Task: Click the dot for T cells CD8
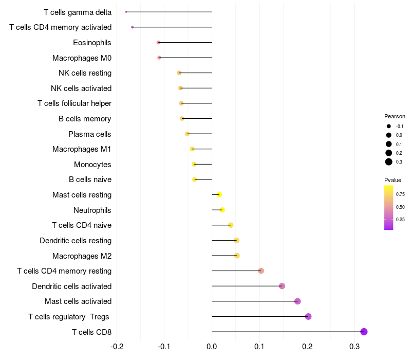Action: coord(364,332)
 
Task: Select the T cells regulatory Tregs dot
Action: coord(308,316)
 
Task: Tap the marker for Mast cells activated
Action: coord(297,301)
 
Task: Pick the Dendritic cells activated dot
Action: coord(282,286)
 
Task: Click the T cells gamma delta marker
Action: coord(126,12)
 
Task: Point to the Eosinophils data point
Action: coord(158,42)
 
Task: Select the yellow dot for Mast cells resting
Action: coord(219,195)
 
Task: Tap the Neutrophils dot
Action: coord(222,210)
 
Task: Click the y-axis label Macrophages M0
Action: coord(82,58)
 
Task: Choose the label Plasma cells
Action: coord(89,134)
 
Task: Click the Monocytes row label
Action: coord(92,165)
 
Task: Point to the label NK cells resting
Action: coord(85,73)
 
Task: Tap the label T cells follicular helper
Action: coord(74,103)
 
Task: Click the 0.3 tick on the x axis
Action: coord(354,347)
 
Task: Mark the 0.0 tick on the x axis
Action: coord(212,347)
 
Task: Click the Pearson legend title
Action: coord(395,116)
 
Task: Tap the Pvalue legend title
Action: coord(393,180)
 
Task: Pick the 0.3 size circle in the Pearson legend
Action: coord(389,162)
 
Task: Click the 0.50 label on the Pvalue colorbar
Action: coord(400,207)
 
